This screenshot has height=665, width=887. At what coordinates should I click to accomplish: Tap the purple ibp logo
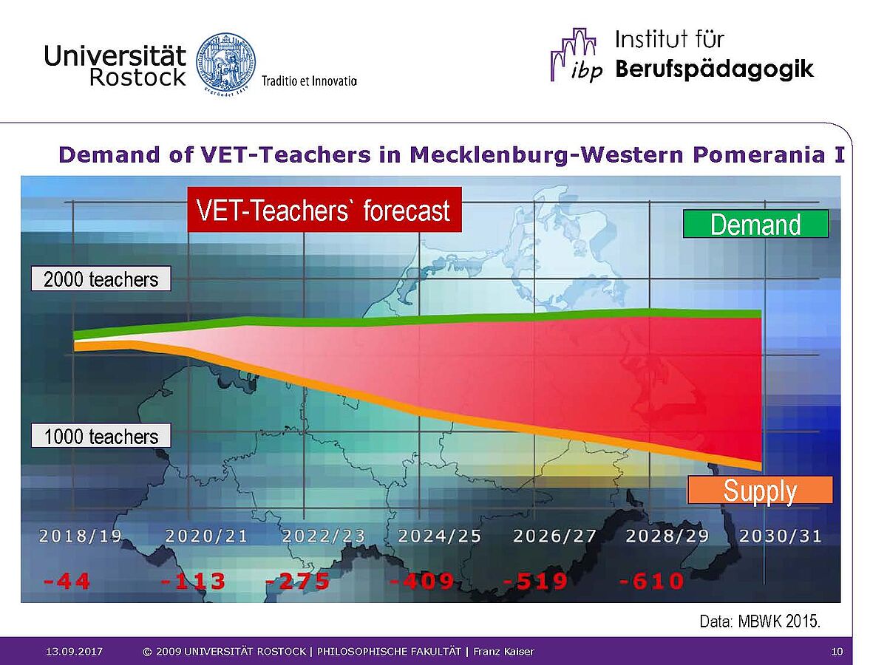coord(577,55)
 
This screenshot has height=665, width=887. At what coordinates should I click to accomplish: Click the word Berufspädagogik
coord(714,69)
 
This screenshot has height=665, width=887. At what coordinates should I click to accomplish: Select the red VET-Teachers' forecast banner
coord(324,210)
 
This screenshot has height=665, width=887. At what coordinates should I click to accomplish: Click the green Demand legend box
coord(755,224)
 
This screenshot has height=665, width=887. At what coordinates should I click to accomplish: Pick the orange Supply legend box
coord(760,490)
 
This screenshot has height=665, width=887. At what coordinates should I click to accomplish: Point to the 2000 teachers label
coord(101,279)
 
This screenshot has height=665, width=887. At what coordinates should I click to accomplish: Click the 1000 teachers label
coord(101,436)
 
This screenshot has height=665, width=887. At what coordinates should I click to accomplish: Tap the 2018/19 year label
coord(81,536)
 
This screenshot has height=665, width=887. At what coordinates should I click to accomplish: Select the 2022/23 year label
coord(323,536)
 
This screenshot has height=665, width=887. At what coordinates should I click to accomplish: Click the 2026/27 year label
coord(555,536)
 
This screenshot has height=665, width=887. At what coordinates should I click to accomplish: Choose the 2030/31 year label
coord(781,536)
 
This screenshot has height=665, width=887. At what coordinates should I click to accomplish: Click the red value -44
coord(67,581)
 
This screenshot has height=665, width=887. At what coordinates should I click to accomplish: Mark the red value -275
coord(298,581)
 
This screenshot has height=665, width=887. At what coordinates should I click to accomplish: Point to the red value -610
coord(651,581)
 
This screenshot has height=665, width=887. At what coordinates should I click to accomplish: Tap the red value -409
coord(422,581)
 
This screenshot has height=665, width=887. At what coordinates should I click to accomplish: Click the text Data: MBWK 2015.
coord(760,621)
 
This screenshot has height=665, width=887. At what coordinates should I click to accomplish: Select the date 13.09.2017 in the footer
coord(74,651)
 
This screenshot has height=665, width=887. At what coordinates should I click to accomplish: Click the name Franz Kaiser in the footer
coord(503,651)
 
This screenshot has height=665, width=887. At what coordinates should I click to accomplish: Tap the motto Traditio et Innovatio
coord(309,81)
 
